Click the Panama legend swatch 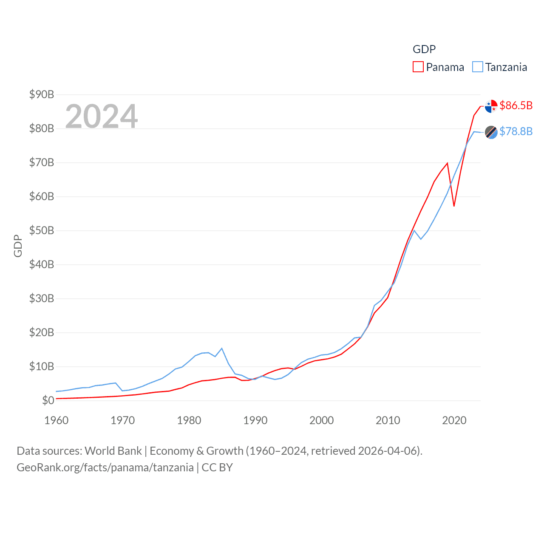click(418, 67)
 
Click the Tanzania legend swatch click(478, 67)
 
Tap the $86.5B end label click(516, 105)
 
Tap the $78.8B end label click(516, 131)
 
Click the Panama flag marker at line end click(491, 106)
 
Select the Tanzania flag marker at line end click(491, 132)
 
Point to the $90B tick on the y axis click(42, 94)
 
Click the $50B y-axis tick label click(42, 230)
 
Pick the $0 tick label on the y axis click(48, 400)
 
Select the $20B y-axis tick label click(42, 332)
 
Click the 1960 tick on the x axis click(57, 420)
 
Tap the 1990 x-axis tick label click(255, 420)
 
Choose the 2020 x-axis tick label click(454, 420)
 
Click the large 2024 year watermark click(102, 116)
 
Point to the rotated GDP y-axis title click(18, 246)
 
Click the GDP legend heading click(424, 49)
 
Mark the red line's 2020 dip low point click(454, 206)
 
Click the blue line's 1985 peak click(222, 348)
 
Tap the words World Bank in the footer click(113, 450)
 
